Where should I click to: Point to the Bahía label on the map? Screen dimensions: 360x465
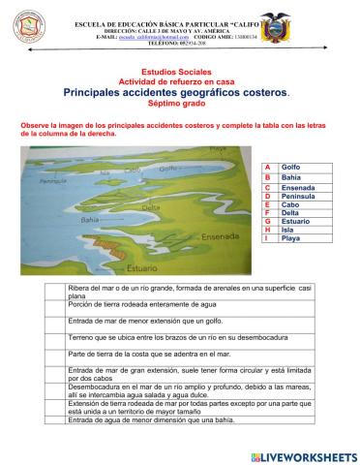[90, 219]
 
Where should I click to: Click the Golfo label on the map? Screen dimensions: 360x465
[170, 168]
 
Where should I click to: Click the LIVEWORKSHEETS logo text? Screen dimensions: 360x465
[308, 454]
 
